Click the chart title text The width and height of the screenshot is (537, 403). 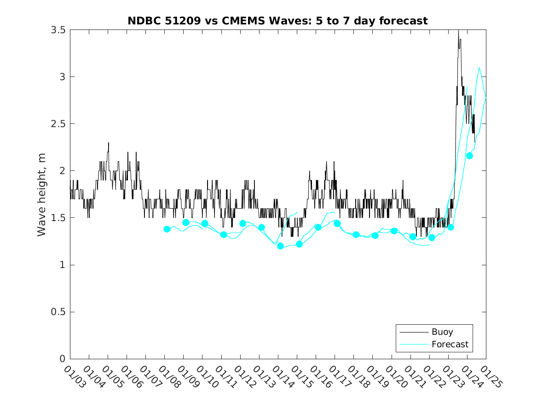pyautogui.click(x=277, y=21)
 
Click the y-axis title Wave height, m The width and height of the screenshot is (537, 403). pyautogui.click(x=42, y=194)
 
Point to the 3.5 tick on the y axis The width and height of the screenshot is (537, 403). pyautogui.click(x=58, y=30)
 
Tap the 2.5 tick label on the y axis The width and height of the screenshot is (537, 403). pyautogui.click(x=58, y=124)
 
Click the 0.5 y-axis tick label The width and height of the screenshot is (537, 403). pyautogui.click(x=58, y=312)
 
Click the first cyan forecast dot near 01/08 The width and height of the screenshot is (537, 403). pyautogui.click(x=167, y=229)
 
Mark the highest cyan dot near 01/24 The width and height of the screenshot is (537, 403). pyautogui.click(x=469, y=155)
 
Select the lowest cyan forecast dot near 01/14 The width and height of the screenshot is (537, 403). pyautogui.click(x=280, y=246)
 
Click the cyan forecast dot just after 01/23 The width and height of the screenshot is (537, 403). pyautogui.click(x=450, y=227)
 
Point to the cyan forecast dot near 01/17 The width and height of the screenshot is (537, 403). pyautogui.click(x=337, y=223)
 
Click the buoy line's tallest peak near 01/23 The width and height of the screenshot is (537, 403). pyautogui.click(x=458, y=31)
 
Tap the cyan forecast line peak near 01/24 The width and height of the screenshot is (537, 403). pyautogui.click(x=479, y=68)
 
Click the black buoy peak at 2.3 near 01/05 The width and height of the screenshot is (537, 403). pyautogui.click(x=109, y=143)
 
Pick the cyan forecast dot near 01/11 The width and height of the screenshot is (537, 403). pyautogui.click(x=224, y=234)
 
